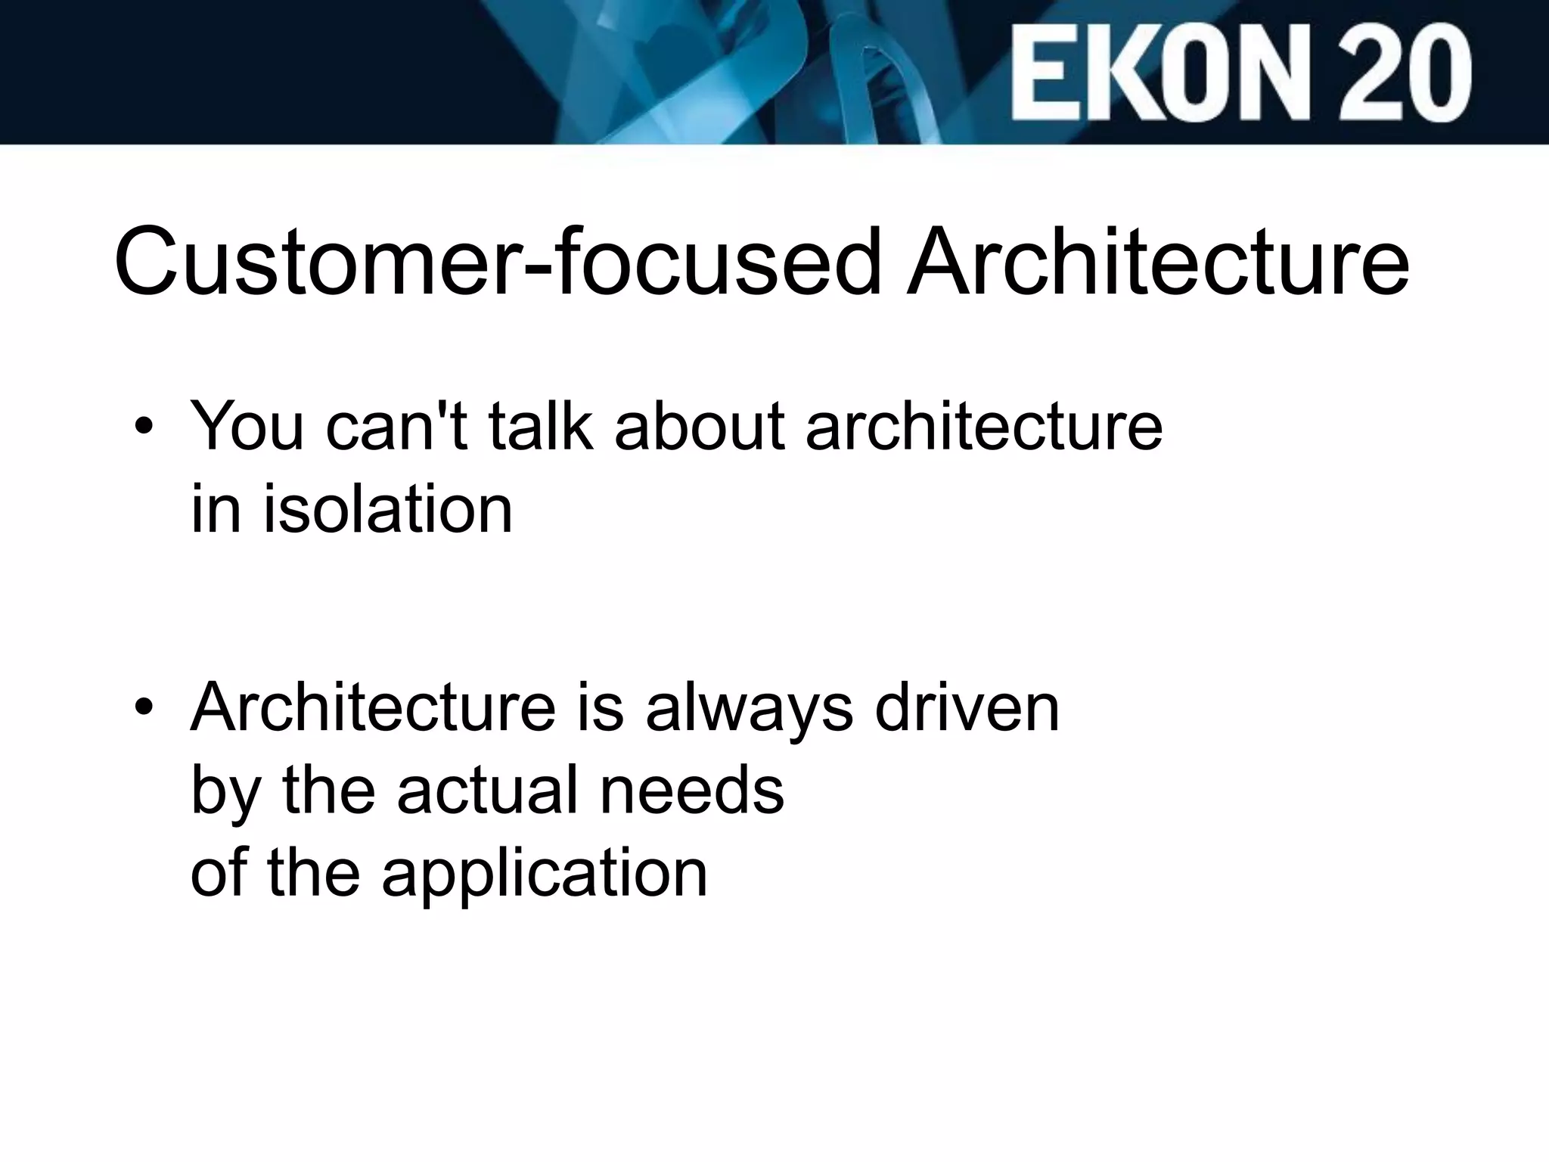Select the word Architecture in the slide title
tap(1157, 261)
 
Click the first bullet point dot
tap(144, 428)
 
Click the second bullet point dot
tap(144, 709)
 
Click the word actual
tap(487, 790)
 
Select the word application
tap(545, 875)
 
